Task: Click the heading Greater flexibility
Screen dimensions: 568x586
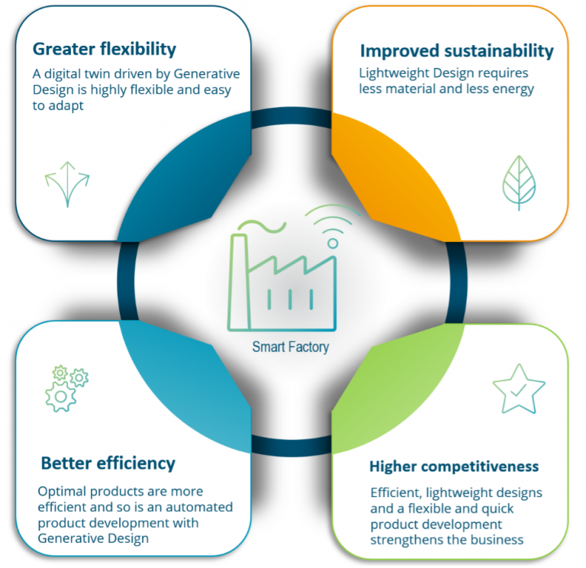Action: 104,50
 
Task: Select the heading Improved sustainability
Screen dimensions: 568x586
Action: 456,51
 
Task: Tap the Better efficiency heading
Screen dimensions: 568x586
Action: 108,463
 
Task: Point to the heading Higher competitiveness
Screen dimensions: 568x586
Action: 454,466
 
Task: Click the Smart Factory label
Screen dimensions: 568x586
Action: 291,347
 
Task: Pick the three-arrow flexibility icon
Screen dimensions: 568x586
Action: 67,183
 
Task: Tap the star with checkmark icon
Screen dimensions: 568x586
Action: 519,389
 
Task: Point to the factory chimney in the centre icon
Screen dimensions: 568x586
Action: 238,282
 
